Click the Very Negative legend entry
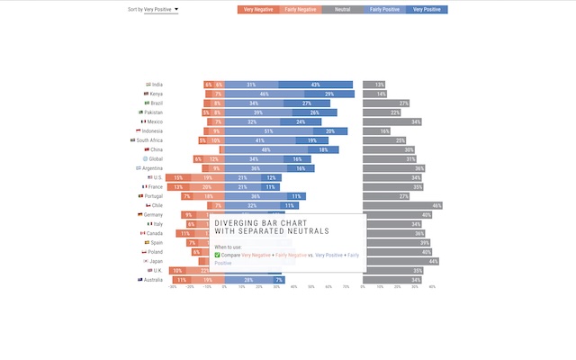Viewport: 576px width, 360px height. (258, 9)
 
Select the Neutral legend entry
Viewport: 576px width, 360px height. (342, 9)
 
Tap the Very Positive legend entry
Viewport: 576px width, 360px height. (427, 9)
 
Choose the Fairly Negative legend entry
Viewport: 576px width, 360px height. (301, 9)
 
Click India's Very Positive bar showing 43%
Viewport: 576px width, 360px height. (315, 85)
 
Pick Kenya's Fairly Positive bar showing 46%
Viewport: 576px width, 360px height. (264, 94)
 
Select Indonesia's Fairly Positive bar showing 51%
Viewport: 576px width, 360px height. (268, 131)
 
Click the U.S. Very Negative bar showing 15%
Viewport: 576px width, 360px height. (179, 177)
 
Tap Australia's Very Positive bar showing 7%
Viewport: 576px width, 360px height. (280, 280)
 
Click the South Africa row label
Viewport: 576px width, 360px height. (149, 140)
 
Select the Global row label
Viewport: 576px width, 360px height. (156, 158)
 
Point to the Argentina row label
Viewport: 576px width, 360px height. (152, 168)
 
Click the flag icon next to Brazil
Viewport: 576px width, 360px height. (147, 103)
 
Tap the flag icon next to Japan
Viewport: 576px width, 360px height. (146, 261)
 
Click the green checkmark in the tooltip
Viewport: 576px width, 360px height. (217, 255)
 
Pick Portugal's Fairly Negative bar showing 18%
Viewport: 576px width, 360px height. (208, 196)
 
